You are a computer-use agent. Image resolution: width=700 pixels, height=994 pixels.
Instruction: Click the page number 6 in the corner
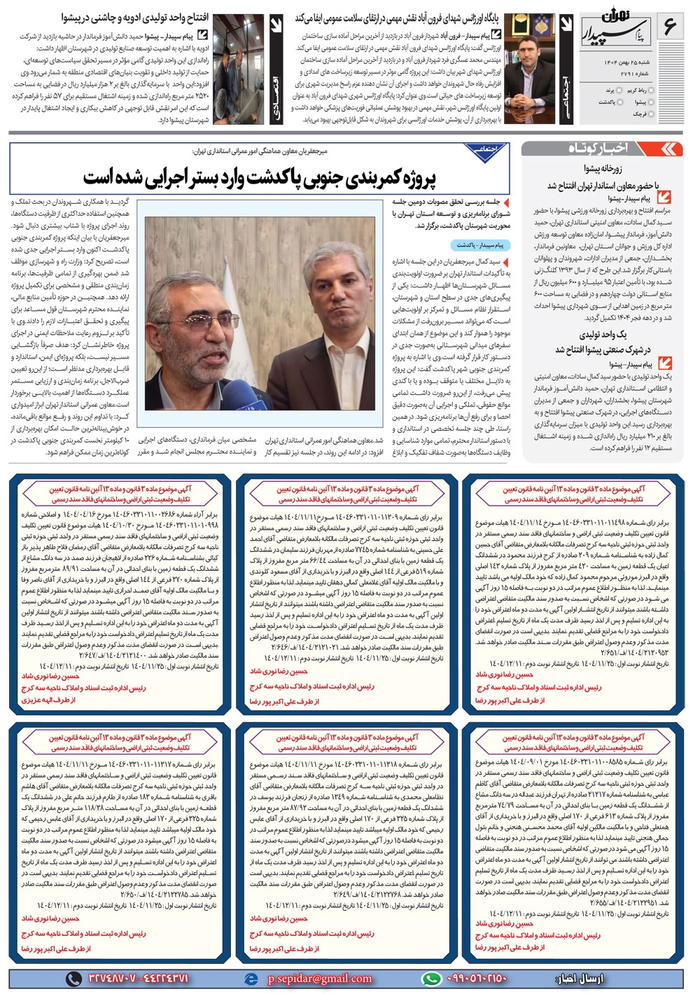[670, 27]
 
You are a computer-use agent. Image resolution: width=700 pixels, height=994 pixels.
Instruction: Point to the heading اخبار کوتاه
[598, 148]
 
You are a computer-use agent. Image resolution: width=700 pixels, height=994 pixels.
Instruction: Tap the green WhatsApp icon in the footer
[431, 979]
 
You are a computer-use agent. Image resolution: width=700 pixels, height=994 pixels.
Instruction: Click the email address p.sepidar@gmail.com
[319, 979]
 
